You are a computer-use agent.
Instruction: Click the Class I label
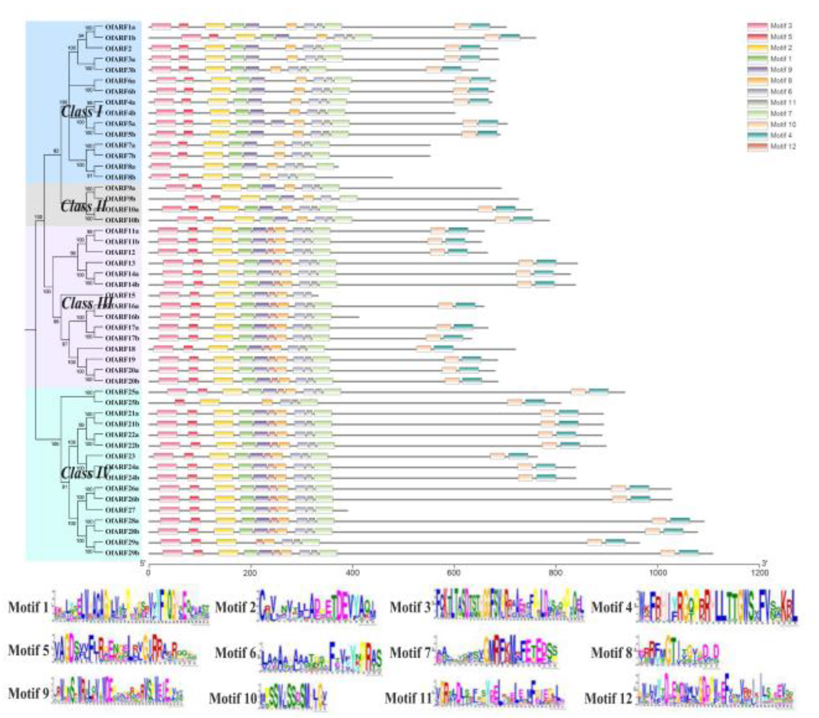coord(81,112)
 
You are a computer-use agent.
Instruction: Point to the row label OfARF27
coord(120,510)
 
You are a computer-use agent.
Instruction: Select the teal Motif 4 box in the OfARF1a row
coord(480,26)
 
